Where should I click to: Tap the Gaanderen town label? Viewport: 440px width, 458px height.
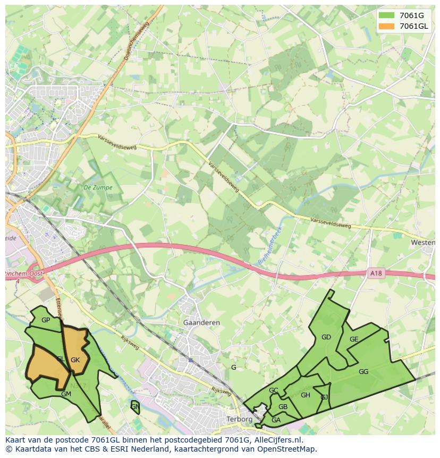[x=201, y=323]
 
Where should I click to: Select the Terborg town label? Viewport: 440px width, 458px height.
[x=239, y=419]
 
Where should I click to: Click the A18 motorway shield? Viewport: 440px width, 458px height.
[x=376, y=273]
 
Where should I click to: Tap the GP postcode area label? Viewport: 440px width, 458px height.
[x=46, y=320]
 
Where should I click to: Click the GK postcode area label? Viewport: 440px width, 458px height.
[x=75, y=360]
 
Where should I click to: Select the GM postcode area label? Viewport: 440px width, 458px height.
[x=66, y=394]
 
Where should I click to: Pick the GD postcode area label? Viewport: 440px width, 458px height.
[x=326, y=337]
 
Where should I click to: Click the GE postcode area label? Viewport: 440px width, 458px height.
[x=354, y=339]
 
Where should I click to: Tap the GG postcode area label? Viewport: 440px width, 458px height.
[x=363, y=372]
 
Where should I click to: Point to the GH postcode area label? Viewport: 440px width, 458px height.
[x=305, y=395]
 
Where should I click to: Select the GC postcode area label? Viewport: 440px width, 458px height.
[x=273, y=390]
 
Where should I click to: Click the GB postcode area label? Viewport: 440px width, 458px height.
[x=283, y=407]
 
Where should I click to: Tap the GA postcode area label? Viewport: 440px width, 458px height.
[x=276, y=420]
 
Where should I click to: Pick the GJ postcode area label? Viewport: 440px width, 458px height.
[x=324, y=397]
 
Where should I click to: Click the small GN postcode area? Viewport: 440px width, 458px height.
[x=135, y=407]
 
